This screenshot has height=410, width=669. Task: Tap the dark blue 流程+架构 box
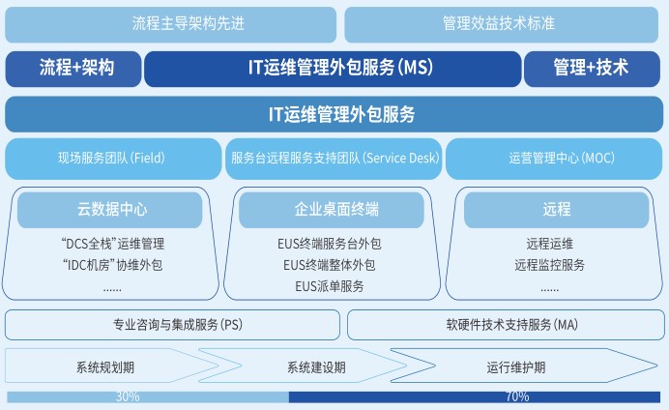coord(73,69)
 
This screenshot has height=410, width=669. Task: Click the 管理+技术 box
coord(591,69)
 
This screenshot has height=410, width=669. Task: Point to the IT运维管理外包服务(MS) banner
coord(333,69)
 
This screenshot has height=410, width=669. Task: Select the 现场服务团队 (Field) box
coord(112,158)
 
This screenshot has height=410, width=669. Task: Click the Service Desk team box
coord(334,158)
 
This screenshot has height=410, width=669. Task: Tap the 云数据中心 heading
coord(112,209)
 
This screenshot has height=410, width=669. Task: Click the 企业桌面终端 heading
coord(334,209)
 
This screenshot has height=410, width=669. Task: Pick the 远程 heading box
coord(556,209)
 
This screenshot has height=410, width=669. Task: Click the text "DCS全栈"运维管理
coord(112,244)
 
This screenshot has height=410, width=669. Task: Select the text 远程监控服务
coord(549,265)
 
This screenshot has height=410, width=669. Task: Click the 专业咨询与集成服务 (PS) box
coord(172,325)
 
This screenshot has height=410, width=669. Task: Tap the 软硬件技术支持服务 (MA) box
coord(505,325)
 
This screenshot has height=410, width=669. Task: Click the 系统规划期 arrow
coord(106,367)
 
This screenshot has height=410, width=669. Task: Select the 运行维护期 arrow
coord(517,367)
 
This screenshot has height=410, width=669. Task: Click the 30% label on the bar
coord(128,396)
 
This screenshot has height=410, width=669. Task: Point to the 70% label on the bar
coord(517,396)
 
